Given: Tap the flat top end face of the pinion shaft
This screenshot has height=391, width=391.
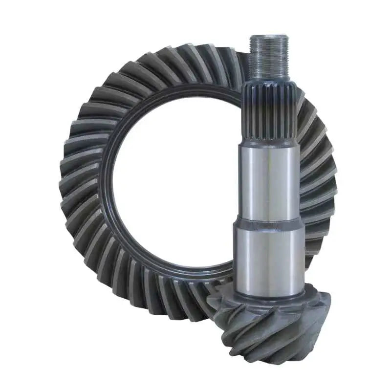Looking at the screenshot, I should coord(268,37).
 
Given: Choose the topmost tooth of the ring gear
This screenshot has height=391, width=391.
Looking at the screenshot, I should coord(195,51).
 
